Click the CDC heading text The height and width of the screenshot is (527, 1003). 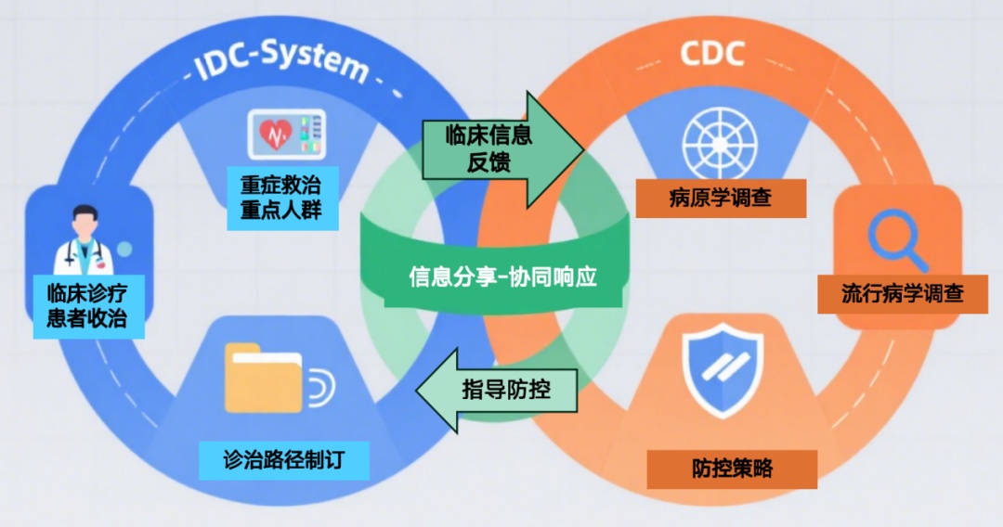pyautogui.click(x=712, y=53)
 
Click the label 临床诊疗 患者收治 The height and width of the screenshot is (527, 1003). pyautogui.click(x=86, y=307)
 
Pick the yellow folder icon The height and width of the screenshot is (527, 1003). pyautogui.click(x=264, y=379)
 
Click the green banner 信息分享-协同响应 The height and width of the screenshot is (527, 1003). pyautogui.click(x=502, y=277)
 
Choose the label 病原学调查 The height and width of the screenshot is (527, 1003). pyautogui.click(x=720, y=197)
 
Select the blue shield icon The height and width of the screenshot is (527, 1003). pyautogui.click(x=722, y=370)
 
